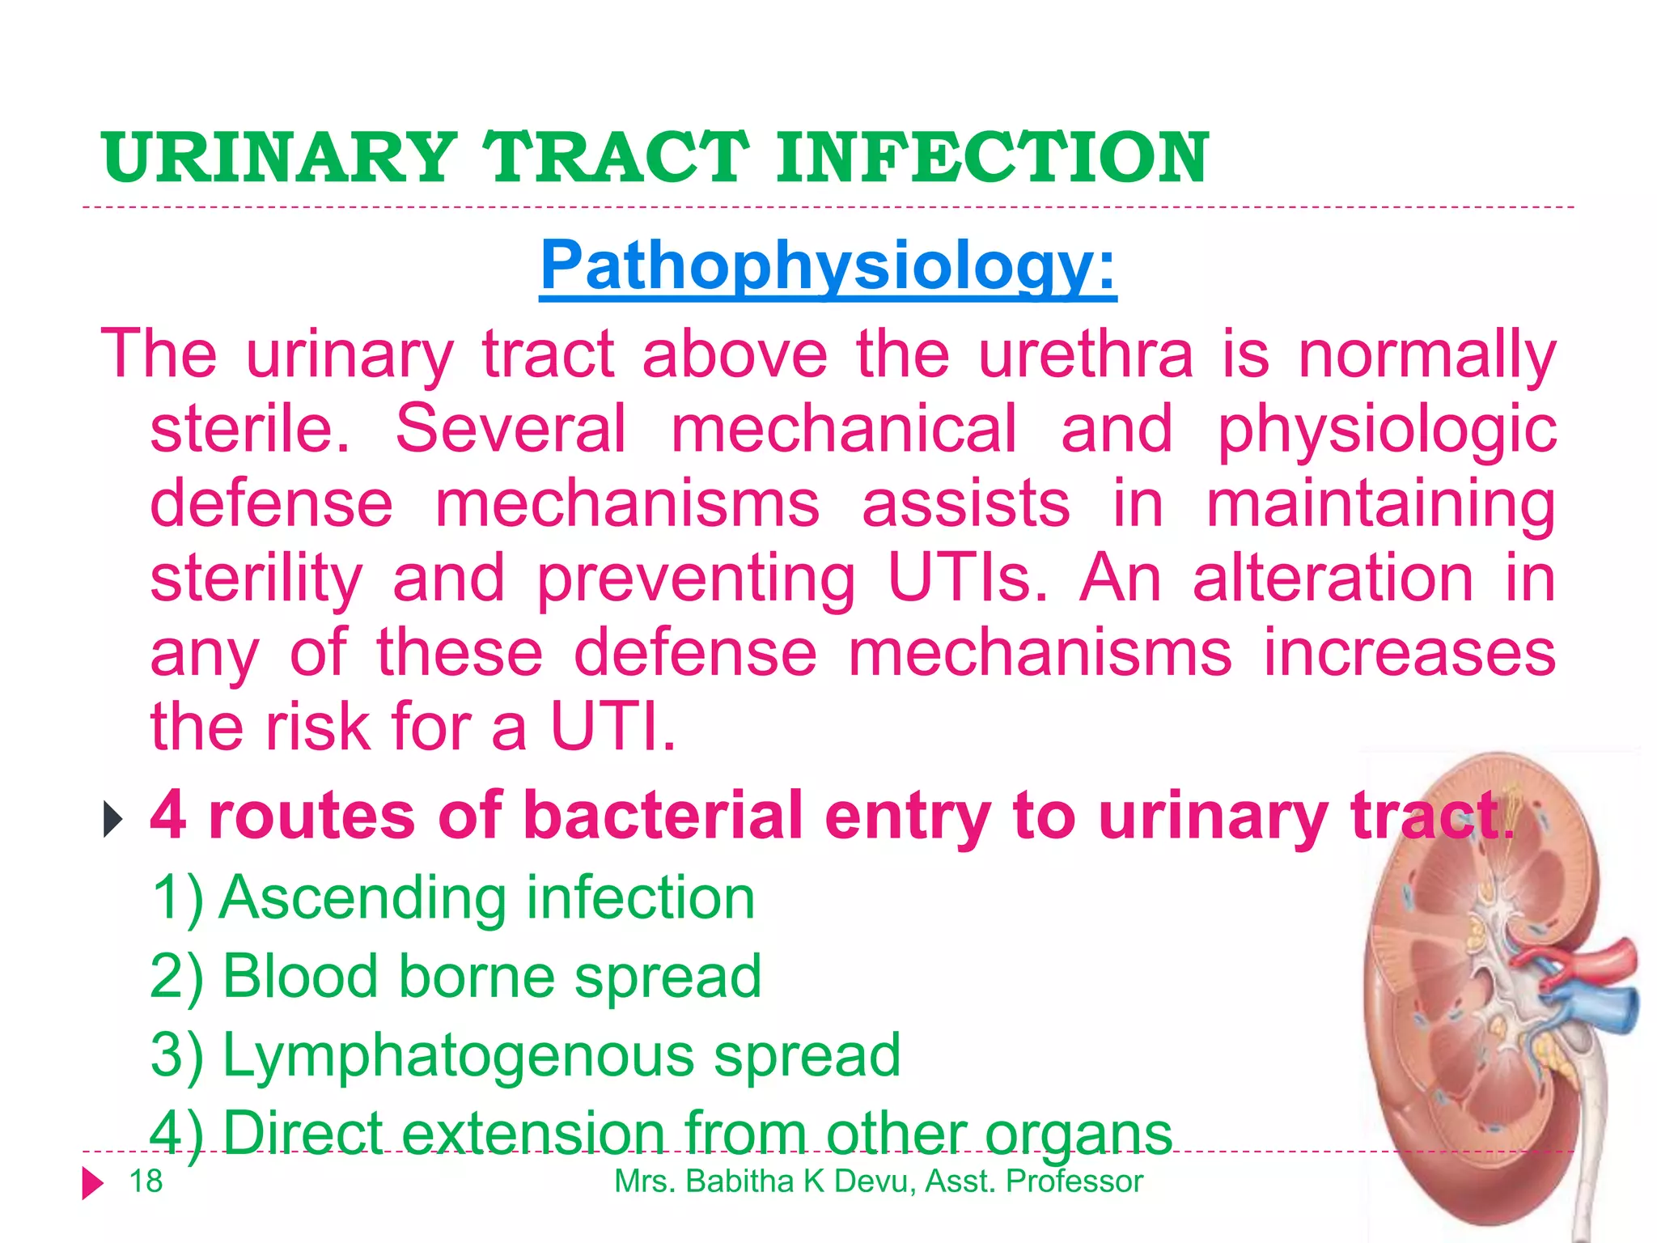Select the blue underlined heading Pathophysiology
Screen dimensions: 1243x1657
828,265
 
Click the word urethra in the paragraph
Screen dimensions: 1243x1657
1086,354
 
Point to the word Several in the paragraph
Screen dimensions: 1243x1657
511,429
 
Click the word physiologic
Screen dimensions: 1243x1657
1387,431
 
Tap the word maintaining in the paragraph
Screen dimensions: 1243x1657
1380,505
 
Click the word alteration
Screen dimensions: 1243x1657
1333,579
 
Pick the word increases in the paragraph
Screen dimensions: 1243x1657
1409,653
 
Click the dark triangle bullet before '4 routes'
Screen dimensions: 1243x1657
113,820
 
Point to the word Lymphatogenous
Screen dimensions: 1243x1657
459,1056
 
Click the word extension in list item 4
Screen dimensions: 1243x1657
533,1133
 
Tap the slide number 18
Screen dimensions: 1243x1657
146,1181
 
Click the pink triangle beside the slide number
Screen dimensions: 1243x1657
93,1183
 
